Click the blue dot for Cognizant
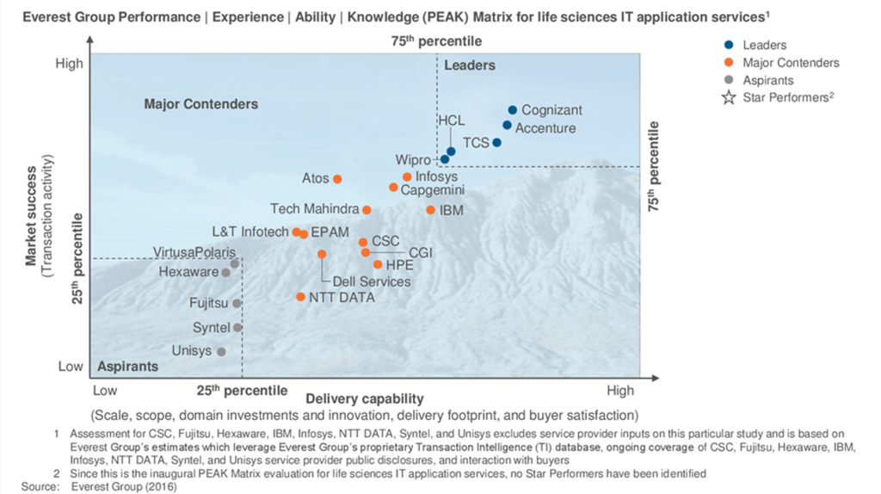pyautogui.click(x=513, y=110)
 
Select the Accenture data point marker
pyautogui.click(x=508, y=126)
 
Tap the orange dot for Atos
pyautogui.click(x=337, y=179)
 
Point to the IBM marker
pyautogui.click(x=431, y=210)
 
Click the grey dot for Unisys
pyautogui.click(x=221, y=352)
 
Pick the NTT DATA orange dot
pyautogui.click(x=300, y=297)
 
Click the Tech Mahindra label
pyautogui.click(x=314, y=209)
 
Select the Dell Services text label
pyautogui.click(x=372, y=281)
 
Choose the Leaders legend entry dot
pyautogui.click(x=729, y=46)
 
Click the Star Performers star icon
pyautogui.click(x=729, y=97)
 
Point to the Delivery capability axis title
pyautogui.click(x=365, y=398)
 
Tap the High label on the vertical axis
pyautogui.click(x=70, y=63)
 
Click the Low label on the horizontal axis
pyautogui.click(x=104, y=390)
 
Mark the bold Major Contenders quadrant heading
pyautogui.click(x=200, y=104)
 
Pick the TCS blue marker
pyautogui.click(x=496, y=143)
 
